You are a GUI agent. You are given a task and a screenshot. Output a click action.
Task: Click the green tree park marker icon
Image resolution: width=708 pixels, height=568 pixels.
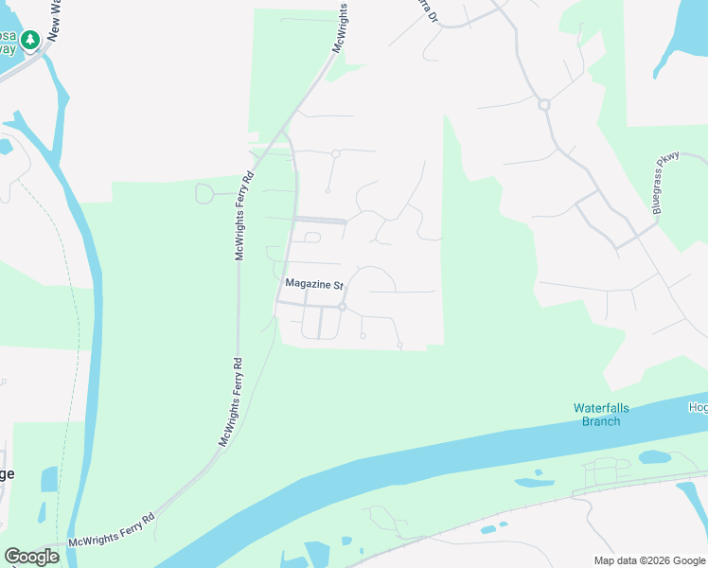pos(31,40)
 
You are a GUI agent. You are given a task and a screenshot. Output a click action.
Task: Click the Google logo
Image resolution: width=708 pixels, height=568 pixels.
pos(31,557)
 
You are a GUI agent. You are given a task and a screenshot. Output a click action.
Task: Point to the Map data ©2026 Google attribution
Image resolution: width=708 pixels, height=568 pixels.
pos(648,560)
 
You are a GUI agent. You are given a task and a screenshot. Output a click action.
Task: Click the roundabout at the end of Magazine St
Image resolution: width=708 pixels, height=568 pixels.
pos(343,308)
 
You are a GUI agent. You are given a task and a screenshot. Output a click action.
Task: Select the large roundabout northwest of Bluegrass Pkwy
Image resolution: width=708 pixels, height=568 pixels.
pos(544,104)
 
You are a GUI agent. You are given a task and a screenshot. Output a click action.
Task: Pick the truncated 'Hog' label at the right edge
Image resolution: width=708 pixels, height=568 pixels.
pos(698,407)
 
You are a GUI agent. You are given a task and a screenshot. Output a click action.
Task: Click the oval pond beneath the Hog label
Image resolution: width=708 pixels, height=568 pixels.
pos(654,457)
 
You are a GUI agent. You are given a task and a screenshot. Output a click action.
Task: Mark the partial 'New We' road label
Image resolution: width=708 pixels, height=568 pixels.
pos(54,19)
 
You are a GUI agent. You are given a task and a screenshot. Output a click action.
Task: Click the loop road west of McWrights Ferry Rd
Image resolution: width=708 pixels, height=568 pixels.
pos(204,193)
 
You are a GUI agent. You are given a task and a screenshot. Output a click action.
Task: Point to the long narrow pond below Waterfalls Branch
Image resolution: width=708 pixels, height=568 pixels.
pos(534,482)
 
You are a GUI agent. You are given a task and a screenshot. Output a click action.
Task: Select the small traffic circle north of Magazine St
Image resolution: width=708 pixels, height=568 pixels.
pos(335,153)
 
